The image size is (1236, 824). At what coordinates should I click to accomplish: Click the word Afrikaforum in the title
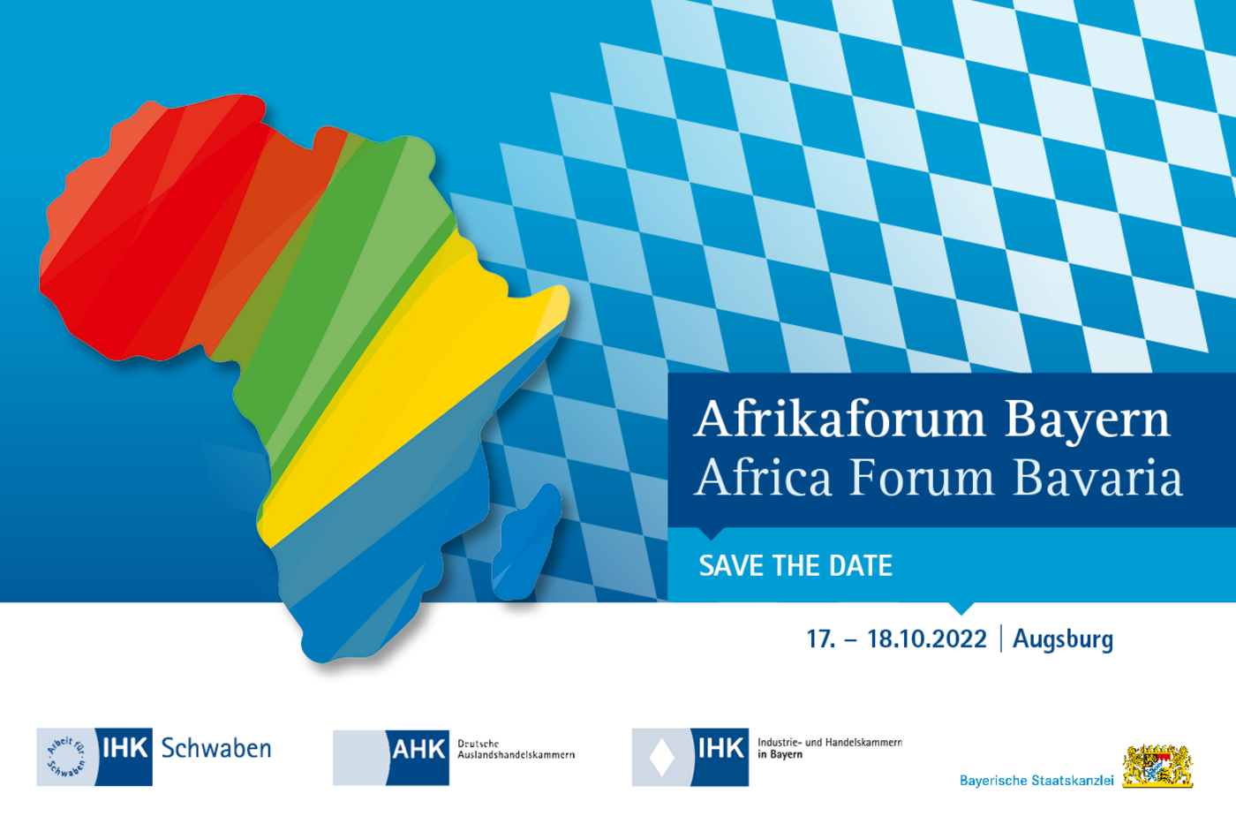click(x=840, y=419)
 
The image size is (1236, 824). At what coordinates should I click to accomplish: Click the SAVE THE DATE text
click(x=795, y=566)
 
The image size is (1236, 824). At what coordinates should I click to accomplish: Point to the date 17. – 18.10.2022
click(x=897, y=639)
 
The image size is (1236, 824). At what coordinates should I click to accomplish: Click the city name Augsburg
click(x=1063, y=640)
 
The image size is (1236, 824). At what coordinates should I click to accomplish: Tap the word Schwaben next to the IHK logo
click(x=215, y=748)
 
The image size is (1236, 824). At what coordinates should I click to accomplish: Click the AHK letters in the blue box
click(x=418, y=750)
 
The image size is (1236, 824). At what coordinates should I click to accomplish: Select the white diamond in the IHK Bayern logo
click(x=661, y=757)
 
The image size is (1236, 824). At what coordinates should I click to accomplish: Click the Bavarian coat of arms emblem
click(x=1157, y=766)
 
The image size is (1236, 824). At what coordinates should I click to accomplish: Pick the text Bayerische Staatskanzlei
click(x=1036, y=781)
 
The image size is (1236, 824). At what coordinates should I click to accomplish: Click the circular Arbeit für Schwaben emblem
click(x=66, y=756)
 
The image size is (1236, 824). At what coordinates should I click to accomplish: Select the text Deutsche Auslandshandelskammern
click(x=516, y=749)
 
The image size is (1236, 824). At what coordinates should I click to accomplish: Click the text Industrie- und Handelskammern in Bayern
click(x=830, y=748)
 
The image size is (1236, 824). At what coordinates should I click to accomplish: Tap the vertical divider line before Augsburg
click(x=1000, y=639)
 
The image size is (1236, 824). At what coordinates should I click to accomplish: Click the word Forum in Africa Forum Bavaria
click(x=922, y=478)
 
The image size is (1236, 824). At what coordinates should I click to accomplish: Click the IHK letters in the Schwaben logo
click(x=124, y=748)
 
